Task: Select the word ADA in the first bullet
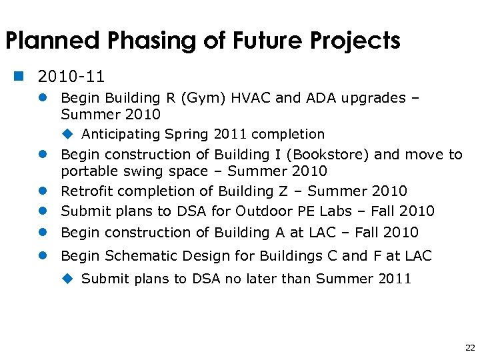[x=323, y=98]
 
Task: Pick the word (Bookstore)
[x=331, y=155]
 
